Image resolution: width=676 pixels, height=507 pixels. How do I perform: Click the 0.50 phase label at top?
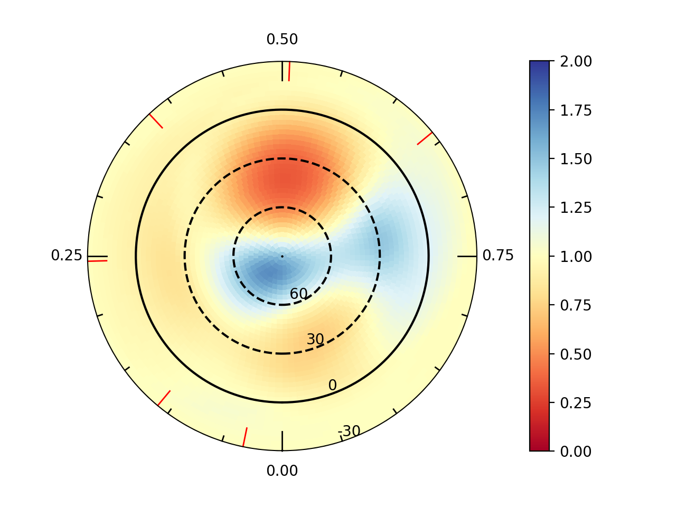point(282,40)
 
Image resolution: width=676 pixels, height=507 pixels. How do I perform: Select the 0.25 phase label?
point(67,256)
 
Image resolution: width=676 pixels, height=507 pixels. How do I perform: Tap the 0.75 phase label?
point(498,256)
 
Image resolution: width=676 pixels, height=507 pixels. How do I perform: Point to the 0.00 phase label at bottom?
point(282,471)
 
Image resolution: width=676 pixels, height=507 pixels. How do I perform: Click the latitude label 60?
point(298,294)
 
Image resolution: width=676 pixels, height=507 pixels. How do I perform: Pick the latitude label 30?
point(315,340)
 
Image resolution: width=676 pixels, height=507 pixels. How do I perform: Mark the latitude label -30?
point(349,431)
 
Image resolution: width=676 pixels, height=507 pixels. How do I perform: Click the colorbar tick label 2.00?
point(576,61)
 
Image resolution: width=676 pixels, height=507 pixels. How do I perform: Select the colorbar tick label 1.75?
point(576,110)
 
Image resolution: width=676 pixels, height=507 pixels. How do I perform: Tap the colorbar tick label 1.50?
point(576,159)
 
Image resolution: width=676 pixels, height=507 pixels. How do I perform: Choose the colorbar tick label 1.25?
point(576,208)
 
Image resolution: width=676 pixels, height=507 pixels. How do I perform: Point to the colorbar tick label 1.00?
point(576,256)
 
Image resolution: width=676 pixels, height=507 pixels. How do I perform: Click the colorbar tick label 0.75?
point(576,305)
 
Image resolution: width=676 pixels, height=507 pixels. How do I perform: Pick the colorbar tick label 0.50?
point(576,354)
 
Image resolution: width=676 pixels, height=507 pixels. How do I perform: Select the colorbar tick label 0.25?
point(576,402)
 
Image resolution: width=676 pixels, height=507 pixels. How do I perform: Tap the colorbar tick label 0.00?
point(576,451)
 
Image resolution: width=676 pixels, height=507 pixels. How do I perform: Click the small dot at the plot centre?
point(282,256)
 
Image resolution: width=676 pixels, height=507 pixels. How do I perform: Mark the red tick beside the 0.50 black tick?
point(289,71)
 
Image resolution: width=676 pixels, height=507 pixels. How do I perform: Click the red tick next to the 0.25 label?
point(98,261)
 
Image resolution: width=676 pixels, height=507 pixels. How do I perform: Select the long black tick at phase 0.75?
point(467,256)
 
